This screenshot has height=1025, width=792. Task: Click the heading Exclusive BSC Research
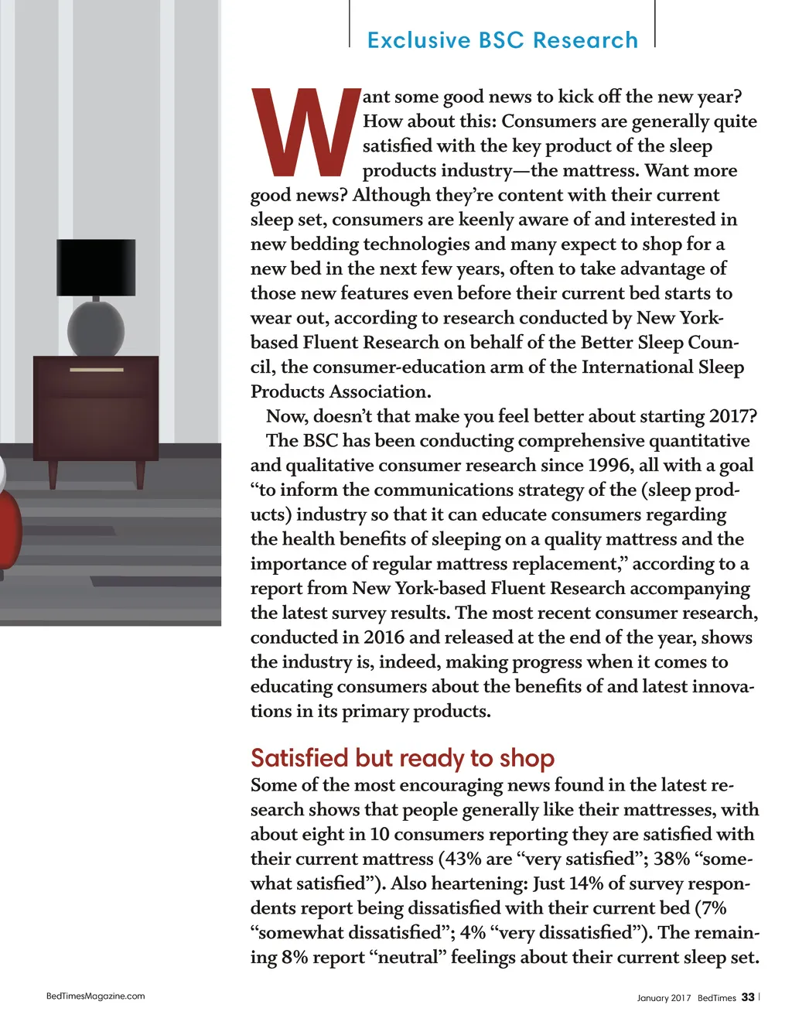(503, 40)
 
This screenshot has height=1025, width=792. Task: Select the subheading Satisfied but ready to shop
(402, 758)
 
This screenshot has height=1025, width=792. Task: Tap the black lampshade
(96, 268)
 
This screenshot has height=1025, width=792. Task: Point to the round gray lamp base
(96, 329)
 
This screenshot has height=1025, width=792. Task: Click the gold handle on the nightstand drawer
(97, 370)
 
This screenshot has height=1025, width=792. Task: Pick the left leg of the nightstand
(53, 473)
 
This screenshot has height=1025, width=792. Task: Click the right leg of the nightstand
(140, 473)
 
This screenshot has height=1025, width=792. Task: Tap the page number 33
(748, 997)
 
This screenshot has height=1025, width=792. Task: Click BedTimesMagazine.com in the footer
(96, 996)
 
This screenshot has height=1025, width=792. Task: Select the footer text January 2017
(664, 998)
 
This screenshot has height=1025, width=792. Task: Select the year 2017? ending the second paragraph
(732, 416)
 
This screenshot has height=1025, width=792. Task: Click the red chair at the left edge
(9, 526)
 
